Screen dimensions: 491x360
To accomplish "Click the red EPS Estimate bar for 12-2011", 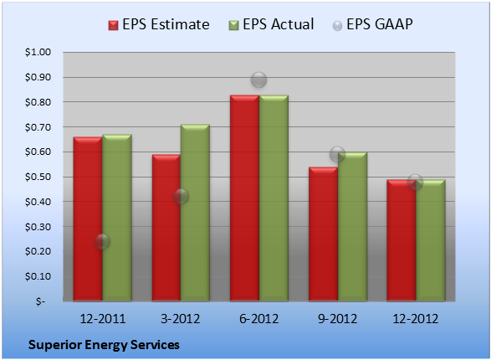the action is tap(88, 219).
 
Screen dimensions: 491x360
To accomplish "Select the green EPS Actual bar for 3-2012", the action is tap(195, 213).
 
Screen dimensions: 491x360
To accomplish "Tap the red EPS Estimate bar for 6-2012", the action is tap(244, 198).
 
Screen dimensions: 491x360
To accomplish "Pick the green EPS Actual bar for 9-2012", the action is tap(353, 227).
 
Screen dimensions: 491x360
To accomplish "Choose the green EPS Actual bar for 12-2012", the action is tap(431, 240).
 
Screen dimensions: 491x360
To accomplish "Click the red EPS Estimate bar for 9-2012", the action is tap(324, 234).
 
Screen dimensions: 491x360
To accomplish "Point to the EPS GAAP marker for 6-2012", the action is tap(259, 80).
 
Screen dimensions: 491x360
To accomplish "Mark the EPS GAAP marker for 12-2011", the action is tap(102, 242).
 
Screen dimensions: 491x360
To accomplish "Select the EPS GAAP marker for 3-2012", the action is tap(181, 197).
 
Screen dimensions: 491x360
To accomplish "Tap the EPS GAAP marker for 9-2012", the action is tap(337, 154).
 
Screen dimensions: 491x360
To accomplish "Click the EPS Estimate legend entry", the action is tap(159, 24).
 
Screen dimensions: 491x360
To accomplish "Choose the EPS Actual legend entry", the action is tap(272, 24).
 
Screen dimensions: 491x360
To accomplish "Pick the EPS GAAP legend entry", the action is tap(372, 24).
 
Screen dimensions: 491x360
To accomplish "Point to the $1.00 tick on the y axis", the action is tap(38, 52).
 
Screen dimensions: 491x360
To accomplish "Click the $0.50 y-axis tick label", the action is tap(38, 177).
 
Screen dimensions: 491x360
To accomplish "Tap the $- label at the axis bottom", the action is tap(40, 301).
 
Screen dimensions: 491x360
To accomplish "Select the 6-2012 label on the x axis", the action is tap(259, 319).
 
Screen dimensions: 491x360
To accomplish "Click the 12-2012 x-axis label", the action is tap(416, 319).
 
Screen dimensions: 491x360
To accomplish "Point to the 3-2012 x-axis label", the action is tap(181, 319).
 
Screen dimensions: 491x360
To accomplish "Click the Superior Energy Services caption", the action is tap(104, 345).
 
